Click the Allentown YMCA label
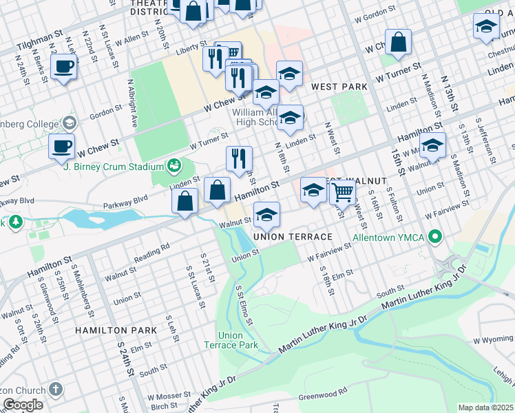click(x=389, y=238)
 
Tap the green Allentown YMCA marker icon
click(x=434, y=238)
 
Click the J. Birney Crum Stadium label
click(x=112, y=166)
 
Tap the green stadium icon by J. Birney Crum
click(x=174, y=166)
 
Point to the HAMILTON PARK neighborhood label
click(x=116, y=330)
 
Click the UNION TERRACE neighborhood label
click(x=293, y=237)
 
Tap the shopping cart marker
click(x=342, y=193)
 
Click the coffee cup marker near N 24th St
click(x=63, y=67)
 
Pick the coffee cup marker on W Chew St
click(x=61, y=146)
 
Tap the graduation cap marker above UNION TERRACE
click(x=266, y=215)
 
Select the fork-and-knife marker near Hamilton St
click(x=239, y=158)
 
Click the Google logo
click(x=23, y=405)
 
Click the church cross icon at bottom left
click(x=56, y=390)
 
